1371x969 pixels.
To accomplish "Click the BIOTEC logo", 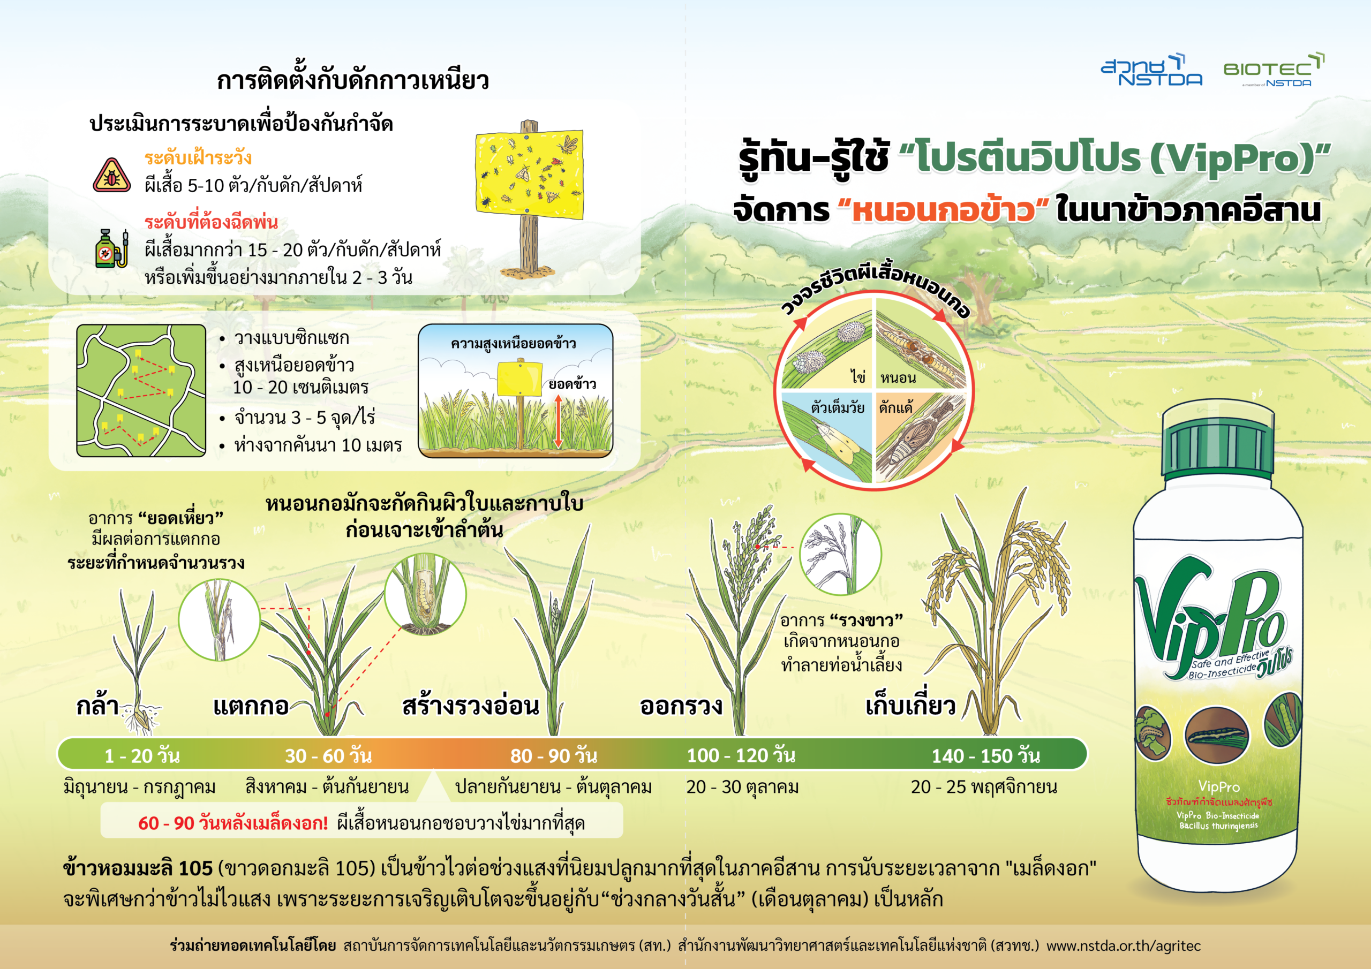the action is point(1273,71).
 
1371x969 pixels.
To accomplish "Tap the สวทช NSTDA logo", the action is point(1151,71).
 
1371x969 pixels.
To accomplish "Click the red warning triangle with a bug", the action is point(112,175).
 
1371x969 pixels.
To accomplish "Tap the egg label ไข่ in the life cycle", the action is point(858,377).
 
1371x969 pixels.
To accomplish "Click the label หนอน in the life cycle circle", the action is point(898,378).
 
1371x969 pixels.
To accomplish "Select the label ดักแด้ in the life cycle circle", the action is point(895,407).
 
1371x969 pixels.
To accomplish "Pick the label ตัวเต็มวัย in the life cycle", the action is point(837,407).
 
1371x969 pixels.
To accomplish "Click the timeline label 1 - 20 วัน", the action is point(142,756).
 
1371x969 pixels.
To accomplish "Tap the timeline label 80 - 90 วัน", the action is point(554,756).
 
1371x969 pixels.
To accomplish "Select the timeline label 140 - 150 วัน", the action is point(986,756).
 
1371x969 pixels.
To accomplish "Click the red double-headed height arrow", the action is point(558,421).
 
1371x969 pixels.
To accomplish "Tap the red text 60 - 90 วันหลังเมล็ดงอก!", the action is point(233,823).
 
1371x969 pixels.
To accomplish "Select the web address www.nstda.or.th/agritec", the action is point(1123,946).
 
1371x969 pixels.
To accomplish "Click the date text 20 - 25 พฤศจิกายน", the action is point(983,787).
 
